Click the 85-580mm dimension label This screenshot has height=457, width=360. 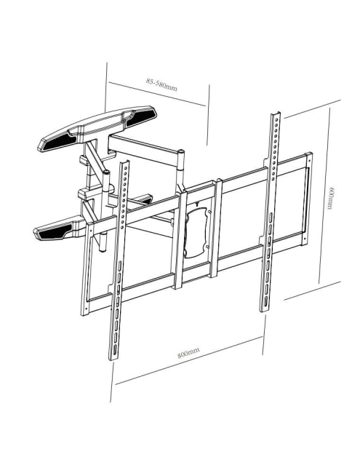[161, 84]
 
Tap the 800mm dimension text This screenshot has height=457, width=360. [188, 353]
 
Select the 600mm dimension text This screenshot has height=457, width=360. [329, 198]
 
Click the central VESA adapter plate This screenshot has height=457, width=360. [196, 231]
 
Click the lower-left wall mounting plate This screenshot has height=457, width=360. [60, 229]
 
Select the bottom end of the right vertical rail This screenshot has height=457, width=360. [265, 309]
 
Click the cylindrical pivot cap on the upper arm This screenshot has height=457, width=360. [181, 152]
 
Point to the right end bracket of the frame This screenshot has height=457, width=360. [308, 198]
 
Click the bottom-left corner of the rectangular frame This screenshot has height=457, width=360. [84, 316]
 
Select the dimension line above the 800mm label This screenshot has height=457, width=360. [189, 361]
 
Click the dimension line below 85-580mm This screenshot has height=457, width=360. [157, 94]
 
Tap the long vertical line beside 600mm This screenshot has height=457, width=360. [324, 195]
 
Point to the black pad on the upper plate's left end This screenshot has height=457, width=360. [57, 142]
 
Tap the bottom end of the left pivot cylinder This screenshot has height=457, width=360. [102, 250]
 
